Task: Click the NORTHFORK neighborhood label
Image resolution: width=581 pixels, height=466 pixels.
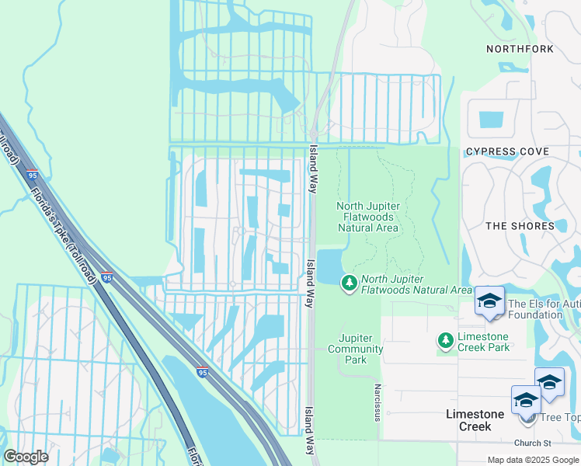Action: (520, 49)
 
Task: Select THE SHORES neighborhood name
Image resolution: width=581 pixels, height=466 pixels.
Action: (520, 226)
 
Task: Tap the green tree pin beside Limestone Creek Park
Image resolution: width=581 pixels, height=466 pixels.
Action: (445, 340)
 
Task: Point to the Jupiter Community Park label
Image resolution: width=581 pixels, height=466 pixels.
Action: (361, 349)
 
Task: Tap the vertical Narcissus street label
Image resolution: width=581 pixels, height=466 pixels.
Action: (377, 402)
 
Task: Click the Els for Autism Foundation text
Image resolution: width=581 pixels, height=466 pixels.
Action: (544, 308)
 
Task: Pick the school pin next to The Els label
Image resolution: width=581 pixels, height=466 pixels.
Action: (489, 302)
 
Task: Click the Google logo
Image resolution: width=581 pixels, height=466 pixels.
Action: (26, 457)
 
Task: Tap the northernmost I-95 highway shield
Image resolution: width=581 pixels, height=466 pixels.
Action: (32, 176)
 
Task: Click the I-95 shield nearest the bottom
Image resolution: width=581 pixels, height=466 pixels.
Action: (202, 372)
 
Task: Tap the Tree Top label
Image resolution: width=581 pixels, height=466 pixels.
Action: (560, 418)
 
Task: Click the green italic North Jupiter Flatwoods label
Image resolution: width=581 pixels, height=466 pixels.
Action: (416, 284)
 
